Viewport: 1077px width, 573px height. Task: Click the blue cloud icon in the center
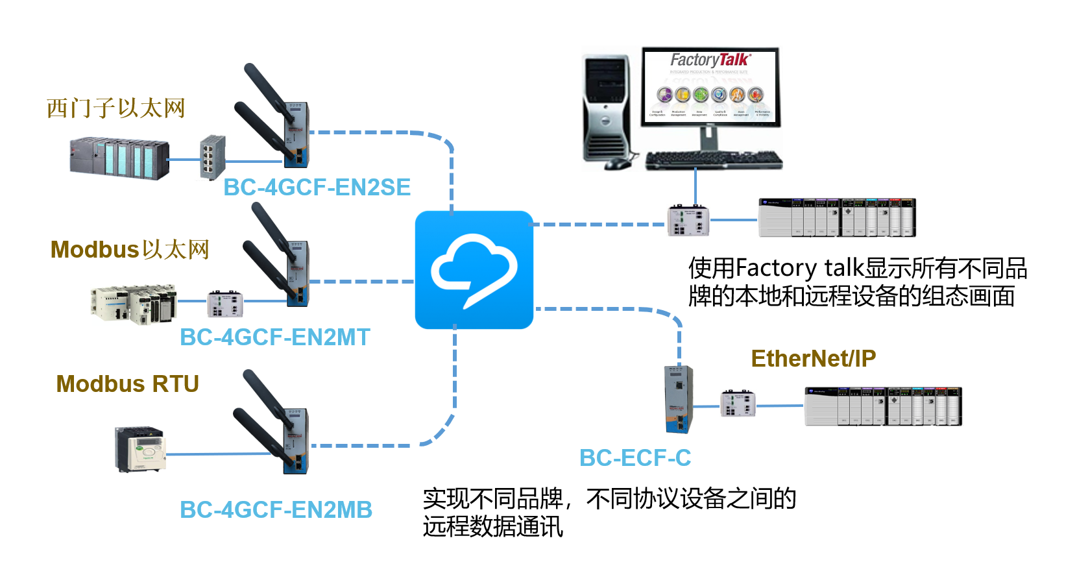(474, 269)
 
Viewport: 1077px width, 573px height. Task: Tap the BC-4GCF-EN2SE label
(317, 188)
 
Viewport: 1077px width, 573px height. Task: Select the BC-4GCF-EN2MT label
(275, 337)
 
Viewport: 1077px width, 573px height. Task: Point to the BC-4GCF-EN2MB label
(276, 510)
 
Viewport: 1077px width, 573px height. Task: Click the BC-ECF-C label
(635, 458)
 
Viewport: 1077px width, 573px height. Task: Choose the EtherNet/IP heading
(813, 359)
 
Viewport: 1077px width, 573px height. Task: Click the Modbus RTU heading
(127, 384)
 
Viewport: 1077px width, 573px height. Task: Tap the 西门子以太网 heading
(116, 108)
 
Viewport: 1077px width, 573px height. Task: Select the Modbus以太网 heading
(130, 250)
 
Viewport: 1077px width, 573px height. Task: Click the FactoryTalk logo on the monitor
(710, 60)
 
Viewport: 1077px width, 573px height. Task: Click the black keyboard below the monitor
(714, 160)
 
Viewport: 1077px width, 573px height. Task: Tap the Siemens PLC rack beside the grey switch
(119, 158)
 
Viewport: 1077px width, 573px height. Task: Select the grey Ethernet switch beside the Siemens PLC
(212, 157)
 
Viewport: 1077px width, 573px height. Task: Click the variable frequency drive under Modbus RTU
(139, 448)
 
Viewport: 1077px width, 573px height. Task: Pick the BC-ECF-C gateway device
(678, 399)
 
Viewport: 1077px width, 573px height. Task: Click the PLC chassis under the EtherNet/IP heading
(882, 406)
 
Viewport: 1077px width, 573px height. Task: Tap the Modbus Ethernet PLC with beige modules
(133, 303)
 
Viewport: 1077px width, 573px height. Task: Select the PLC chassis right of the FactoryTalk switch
(837, 218)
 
